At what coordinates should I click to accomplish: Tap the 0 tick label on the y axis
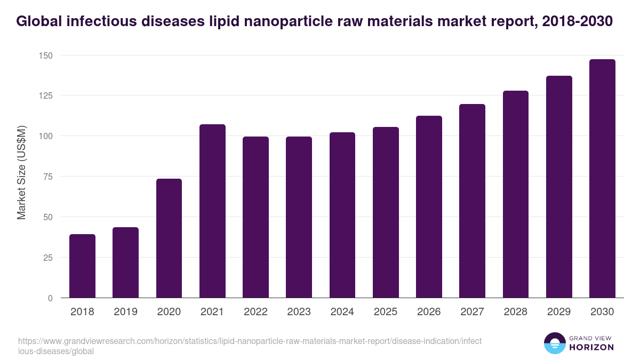[x=50, y=298]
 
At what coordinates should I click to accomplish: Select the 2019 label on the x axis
[x=126, y=312]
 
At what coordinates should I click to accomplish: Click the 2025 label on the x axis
[x=386, y=312]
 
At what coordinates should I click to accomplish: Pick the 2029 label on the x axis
[x=559, y=312]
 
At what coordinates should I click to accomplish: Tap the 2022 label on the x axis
[x=255, y=312]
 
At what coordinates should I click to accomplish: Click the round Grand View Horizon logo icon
[x=555, y=343]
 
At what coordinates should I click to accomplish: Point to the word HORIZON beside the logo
[x=592, y=347]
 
